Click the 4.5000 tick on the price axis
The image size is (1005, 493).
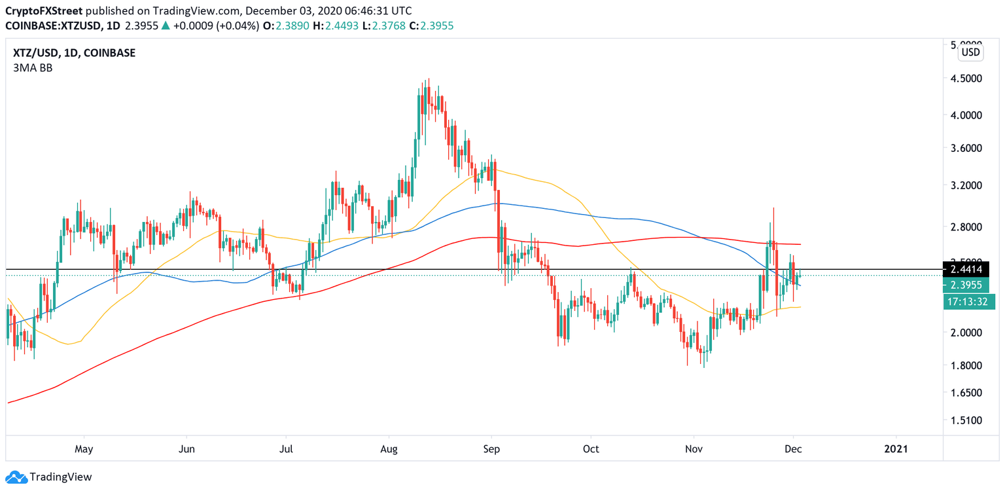(x=966, y=78)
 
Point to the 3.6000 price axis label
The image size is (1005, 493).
(x=966, y=148)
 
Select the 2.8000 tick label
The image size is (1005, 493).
(x=966, y=227)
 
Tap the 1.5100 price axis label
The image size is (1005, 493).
(x=966, y=420)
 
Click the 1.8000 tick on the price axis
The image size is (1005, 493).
(x=966, y=365)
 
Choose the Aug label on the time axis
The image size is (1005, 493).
(x=389, y=449)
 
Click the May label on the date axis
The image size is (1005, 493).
(x=84, y=449)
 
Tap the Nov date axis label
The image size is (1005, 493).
(x=694, y=449)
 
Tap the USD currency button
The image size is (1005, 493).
(x=970, y=52)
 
